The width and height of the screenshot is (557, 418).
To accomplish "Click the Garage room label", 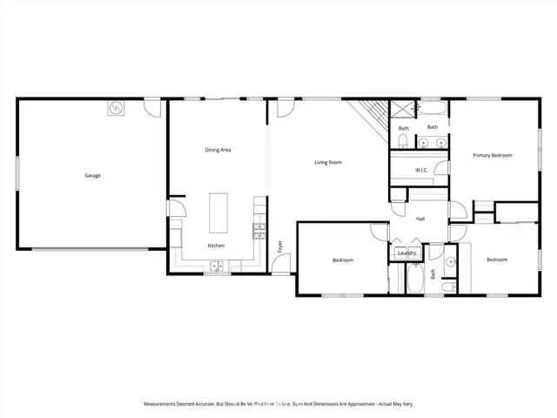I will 92,176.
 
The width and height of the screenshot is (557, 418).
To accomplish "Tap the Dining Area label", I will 218,150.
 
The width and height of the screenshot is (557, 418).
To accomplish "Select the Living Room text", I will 328,162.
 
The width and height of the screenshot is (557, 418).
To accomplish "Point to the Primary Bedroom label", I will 493,155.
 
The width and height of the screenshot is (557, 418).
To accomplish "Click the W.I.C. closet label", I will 420,170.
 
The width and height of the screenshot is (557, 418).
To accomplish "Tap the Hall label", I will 420,219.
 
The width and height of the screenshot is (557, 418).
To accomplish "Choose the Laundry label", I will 406,253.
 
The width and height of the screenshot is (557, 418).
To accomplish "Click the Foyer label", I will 279,246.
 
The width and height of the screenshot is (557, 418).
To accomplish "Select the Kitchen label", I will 217,246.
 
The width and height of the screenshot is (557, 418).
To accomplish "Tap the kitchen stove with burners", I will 258,231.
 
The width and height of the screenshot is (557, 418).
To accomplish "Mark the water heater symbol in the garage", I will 116,108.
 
